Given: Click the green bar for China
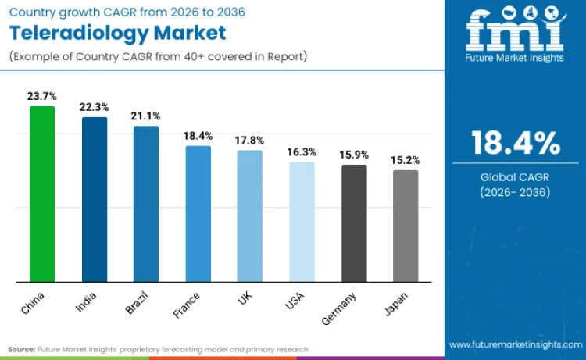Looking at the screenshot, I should click(x=42, y=194).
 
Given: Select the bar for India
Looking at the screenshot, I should click(x=94, y=199).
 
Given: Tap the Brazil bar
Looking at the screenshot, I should click(x=146, y=203).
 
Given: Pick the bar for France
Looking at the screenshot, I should click(x=198, y=213).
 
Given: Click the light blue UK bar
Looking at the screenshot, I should click(x=250, y=216).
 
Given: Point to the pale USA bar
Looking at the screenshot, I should click(x=302, y=222).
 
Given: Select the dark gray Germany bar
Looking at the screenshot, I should click(x=354, y=223).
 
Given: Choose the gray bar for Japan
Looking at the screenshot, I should click(x=406, y=226).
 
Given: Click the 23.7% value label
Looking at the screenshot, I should click(x=42, y=96).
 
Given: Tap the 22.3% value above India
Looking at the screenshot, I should click(x=94, y=107).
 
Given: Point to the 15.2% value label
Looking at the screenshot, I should click(x=406, y=160).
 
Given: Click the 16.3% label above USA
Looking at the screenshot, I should click(x=302, y=152).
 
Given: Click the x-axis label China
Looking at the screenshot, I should click(x=34, y=302).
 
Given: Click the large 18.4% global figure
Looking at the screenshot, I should click(x=515, y=144).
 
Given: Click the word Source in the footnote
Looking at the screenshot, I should click(x=22, y=349).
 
